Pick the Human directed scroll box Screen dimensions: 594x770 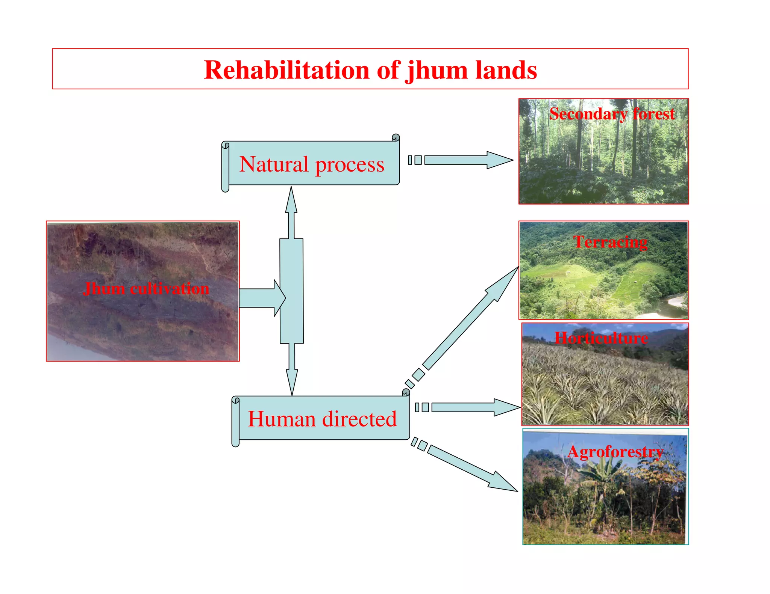(x=322, y=418)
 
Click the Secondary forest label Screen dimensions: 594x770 (x=612, y=114)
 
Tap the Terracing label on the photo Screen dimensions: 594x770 (x=610, y=242)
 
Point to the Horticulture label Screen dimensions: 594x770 (x=601, y=338)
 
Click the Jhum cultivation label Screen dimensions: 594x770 (x=146, y=288)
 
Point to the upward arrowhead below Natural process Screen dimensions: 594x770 (x=291, y=201)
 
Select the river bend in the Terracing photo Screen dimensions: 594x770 (x=673, y=304)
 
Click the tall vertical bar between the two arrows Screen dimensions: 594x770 (x=291, y=291)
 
